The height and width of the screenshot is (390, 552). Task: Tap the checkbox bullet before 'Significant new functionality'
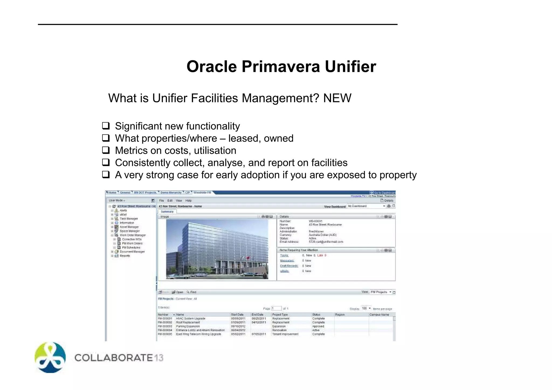click(x=106, y=126)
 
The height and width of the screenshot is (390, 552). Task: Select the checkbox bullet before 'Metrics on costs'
click(x=106, y=150)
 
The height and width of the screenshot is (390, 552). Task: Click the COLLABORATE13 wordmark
click(x=119, y=358)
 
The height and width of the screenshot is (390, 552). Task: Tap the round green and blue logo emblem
click(x=50, y=357)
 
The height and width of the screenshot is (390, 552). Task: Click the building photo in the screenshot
click(x=217, y=249)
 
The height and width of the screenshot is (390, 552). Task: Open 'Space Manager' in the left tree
click(x=130, y=231)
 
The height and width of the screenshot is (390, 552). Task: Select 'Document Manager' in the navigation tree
click(x=132, y=252)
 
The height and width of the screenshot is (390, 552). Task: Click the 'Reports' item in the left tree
click(x=125, y=256)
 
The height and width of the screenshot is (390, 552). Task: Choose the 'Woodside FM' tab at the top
click(x=202, y=193)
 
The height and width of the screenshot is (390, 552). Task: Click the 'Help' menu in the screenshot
click(x=188, y=201)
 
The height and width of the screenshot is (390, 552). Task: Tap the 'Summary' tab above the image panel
click(x=167, y=212)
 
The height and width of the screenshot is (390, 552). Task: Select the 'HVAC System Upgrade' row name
click(x=191, y=319)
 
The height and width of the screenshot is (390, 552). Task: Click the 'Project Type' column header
click(x=280, y=315)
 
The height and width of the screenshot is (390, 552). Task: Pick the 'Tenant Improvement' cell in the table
click(x=285, y=334)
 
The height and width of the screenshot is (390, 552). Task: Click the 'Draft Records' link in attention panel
click(x=289, y=266)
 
